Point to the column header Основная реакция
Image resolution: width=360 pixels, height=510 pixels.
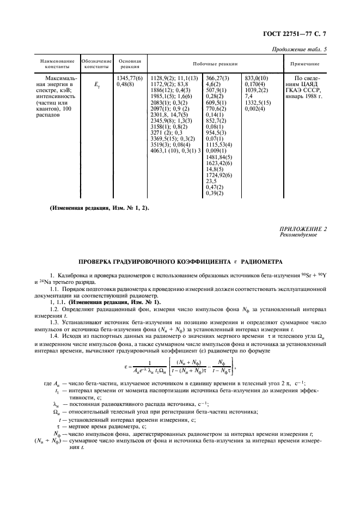[130, 64]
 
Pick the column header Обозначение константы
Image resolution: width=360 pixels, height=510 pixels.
[96, 64]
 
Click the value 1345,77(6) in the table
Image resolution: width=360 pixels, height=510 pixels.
[130, 79]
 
